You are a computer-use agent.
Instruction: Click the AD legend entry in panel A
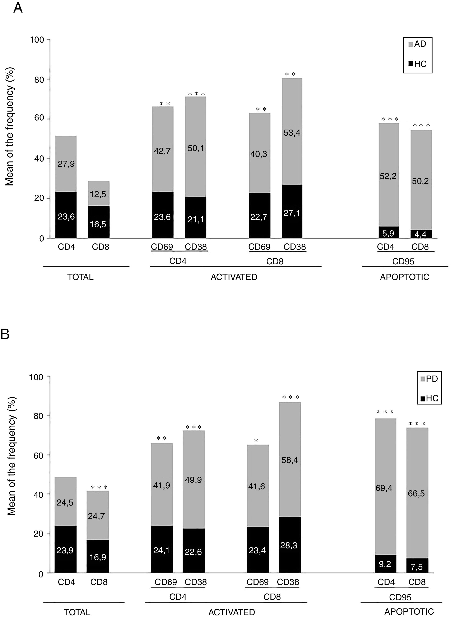pos(417,44)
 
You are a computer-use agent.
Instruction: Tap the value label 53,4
pos(292,133)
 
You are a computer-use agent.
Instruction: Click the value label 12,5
pos(98,194)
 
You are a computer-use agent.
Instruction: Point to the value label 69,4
pos(384,488)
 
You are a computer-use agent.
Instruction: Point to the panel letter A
pos(18,8)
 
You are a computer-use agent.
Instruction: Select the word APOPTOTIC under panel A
pos(405,277)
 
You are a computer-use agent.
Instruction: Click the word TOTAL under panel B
pos(77,612)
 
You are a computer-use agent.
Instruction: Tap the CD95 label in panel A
pos(403,261)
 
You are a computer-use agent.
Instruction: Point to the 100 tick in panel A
pos(37,40)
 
